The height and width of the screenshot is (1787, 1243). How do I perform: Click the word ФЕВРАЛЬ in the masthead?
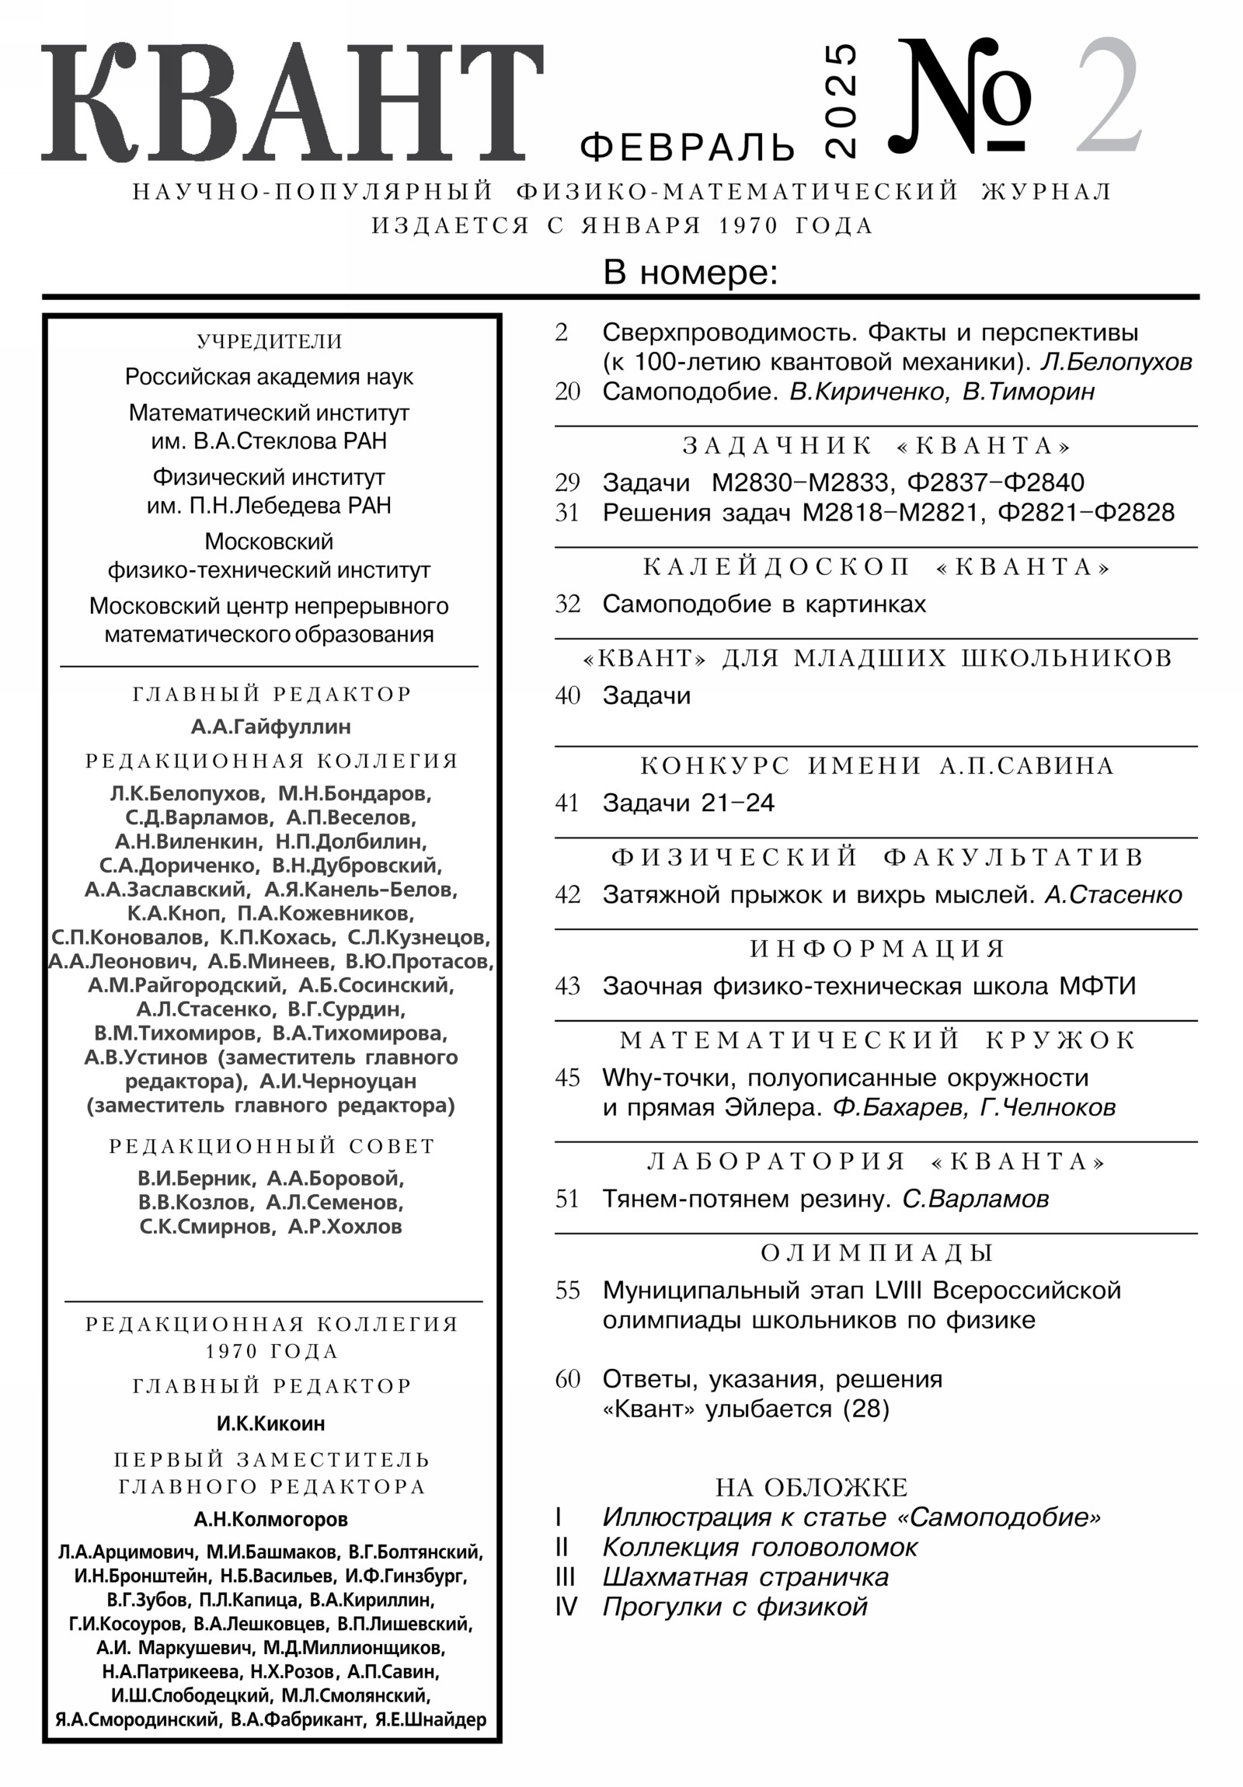(x=688, y=146)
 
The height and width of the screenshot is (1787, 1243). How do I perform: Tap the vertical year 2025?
(x=841, y=101)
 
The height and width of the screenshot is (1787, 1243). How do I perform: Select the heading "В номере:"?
(x=691, y=273)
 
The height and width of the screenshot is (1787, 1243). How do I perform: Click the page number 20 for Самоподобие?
(x=567, y=392)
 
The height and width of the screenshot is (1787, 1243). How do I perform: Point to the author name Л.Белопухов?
(x=1116, y=362)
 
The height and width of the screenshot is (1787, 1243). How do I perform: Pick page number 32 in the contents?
(x=567, y=604)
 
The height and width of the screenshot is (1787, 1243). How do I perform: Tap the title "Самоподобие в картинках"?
(x=764, y=604)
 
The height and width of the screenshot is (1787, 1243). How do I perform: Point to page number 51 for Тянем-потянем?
(x=567, y=1200)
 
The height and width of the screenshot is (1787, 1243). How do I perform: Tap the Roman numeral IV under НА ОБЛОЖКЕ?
(x=566, y=1608)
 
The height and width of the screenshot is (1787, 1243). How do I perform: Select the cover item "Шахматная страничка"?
(x=745, y=1578)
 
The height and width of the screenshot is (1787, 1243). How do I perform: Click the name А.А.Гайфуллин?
(x=271, y=727)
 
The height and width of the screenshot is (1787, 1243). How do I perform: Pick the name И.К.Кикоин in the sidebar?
(x=271, y=1423)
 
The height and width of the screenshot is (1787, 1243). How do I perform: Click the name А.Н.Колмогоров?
(x=271, y=1519)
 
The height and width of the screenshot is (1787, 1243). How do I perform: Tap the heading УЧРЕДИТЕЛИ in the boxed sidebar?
(x=270, y=342)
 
